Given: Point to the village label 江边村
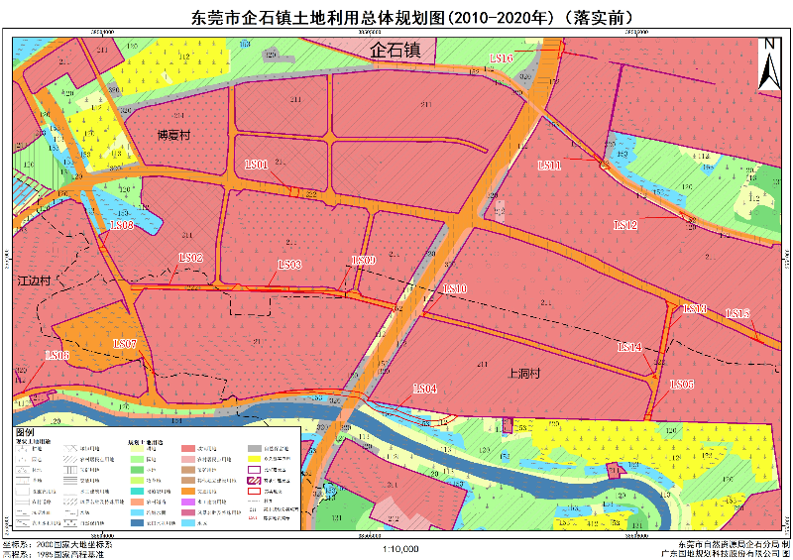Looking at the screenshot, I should point(37,281).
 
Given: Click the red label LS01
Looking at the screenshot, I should point(256,165).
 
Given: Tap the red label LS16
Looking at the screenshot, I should point(500,59).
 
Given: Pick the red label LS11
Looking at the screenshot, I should point(550,166).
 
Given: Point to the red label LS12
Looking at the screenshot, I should point(625,225).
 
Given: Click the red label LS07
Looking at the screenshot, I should point(125,344).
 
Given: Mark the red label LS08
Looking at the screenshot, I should point(122,226).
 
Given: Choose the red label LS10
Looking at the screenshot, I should point(455,288).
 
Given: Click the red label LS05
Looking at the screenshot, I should point(682,385).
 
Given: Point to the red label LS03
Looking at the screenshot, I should point(289,265).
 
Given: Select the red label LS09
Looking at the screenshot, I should point(365,261).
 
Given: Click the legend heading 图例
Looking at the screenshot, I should point(26,433).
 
